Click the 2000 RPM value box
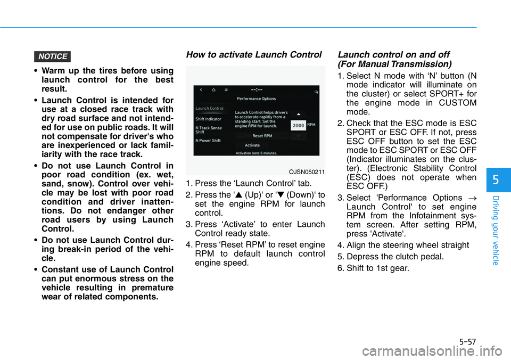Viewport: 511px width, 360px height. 298,124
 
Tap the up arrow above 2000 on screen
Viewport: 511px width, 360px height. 298,113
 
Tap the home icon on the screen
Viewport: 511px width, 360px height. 213,90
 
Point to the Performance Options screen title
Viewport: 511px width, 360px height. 257,99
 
